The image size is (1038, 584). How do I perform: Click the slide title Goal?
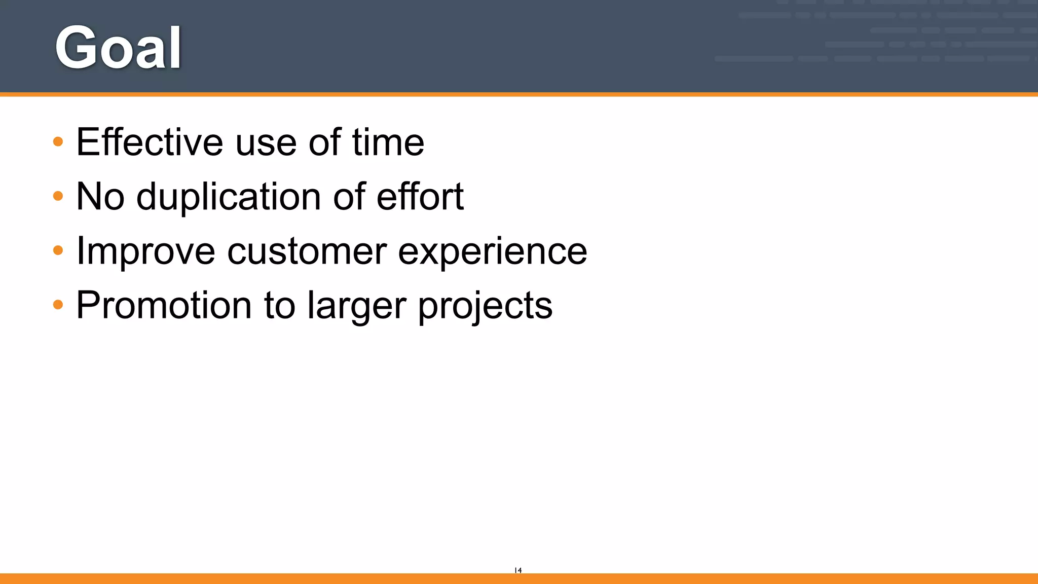(118, 48)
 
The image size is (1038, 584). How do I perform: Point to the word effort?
(420, 197)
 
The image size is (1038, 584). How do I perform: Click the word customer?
(307, 251)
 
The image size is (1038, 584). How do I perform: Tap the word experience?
(492, 251)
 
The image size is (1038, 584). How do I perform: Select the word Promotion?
(164, 306)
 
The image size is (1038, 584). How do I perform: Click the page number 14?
(518, 570)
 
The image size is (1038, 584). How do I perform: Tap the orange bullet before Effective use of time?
(58, 141)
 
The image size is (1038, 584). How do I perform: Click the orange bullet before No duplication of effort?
(58, 196)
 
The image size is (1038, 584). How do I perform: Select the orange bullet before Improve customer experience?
(58, 250)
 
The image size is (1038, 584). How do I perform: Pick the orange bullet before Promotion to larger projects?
(58, 305)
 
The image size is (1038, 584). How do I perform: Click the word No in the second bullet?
(100, 197)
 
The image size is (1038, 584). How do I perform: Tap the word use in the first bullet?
(266, 143)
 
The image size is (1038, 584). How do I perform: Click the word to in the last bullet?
(279, 306)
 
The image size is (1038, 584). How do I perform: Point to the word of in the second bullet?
(349, 197)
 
